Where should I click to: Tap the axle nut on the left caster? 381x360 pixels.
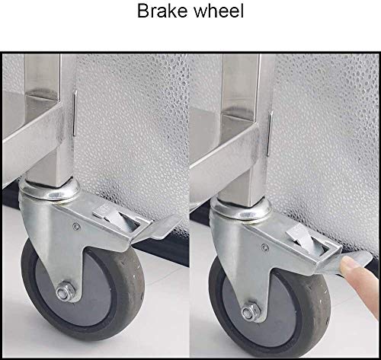(65, 291)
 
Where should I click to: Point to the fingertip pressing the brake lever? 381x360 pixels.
(349, 265)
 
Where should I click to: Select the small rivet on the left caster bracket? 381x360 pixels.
(76, 226)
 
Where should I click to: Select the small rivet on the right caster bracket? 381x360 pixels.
(265, 247)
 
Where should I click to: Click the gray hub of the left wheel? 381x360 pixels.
(76, 289)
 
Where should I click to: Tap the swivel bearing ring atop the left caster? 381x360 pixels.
(50, 191)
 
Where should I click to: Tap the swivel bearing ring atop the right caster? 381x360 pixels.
(240, 209)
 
